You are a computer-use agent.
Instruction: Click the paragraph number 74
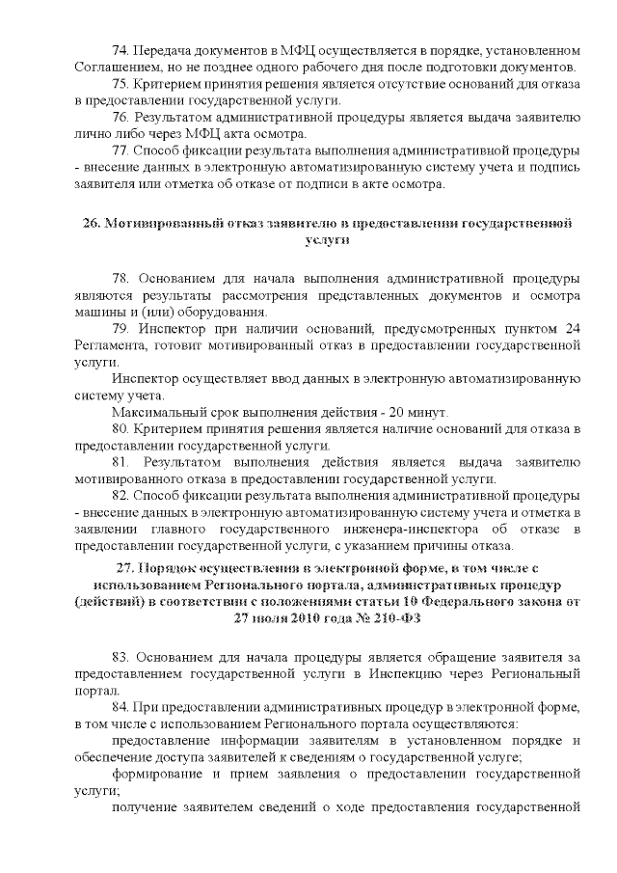121,50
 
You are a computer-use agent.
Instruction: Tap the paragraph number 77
121,150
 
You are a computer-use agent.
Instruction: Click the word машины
98,312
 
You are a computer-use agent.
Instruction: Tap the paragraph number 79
121,329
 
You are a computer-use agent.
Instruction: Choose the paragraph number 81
121,462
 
